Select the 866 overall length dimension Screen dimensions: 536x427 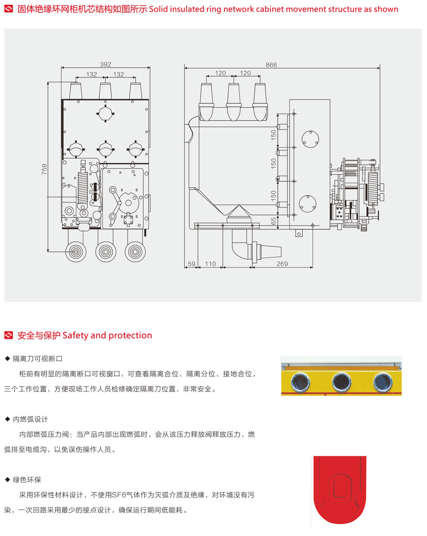tap(271, 65)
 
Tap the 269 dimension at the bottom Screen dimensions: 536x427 tap(282, 264)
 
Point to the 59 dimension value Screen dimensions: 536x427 tap(191, 264)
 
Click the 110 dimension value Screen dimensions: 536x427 tap(210, 264)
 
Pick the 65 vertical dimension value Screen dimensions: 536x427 tap(273, 221)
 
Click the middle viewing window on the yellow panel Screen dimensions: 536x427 tap(341, 381)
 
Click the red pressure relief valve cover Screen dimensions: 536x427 tap(340, 491)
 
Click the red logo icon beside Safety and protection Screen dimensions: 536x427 tap(9, 336)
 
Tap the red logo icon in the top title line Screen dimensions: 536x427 tap(9, 9)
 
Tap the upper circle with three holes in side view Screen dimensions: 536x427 tap(310, 138)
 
